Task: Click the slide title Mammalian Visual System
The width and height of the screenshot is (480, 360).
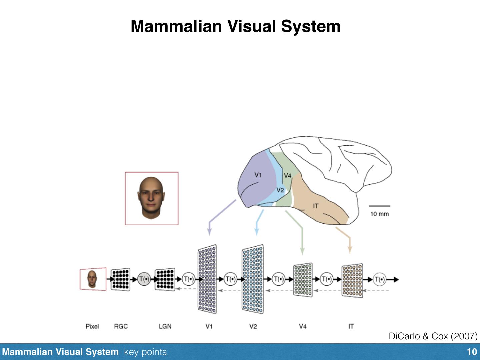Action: point(235,26)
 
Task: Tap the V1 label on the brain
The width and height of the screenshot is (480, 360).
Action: point(258,175)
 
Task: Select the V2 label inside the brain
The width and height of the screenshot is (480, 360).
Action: point(280,190)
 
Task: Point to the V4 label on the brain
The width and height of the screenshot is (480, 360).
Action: point(287,176)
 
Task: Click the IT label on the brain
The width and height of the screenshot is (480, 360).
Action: point(315,206)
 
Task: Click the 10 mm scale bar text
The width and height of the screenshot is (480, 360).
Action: point(379,214)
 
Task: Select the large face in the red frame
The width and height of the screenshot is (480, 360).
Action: point(151,198)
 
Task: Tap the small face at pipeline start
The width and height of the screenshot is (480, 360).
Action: point(92,279)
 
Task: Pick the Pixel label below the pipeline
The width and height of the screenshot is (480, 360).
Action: point(92,326)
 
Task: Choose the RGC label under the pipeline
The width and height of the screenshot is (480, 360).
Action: point(121,326)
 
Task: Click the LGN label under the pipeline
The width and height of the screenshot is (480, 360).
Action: point(165,326)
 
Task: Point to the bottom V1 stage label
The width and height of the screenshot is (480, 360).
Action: point(209,326)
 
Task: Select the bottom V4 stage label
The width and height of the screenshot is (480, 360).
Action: point(302,326)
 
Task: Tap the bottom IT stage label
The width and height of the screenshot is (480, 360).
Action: point(351,326)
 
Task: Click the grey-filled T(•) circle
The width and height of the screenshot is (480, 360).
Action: point(144,279)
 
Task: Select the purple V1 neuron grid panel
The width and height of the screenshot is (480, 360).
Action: point(207,279)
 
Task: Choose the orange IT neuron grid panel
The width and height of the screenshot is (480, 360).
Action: point(352,280)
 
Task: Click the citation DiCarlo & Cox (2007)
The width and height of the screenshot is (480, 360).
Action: point(433,336)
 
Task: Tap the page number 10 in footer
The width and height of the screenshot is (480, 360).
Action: point(472,352)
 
